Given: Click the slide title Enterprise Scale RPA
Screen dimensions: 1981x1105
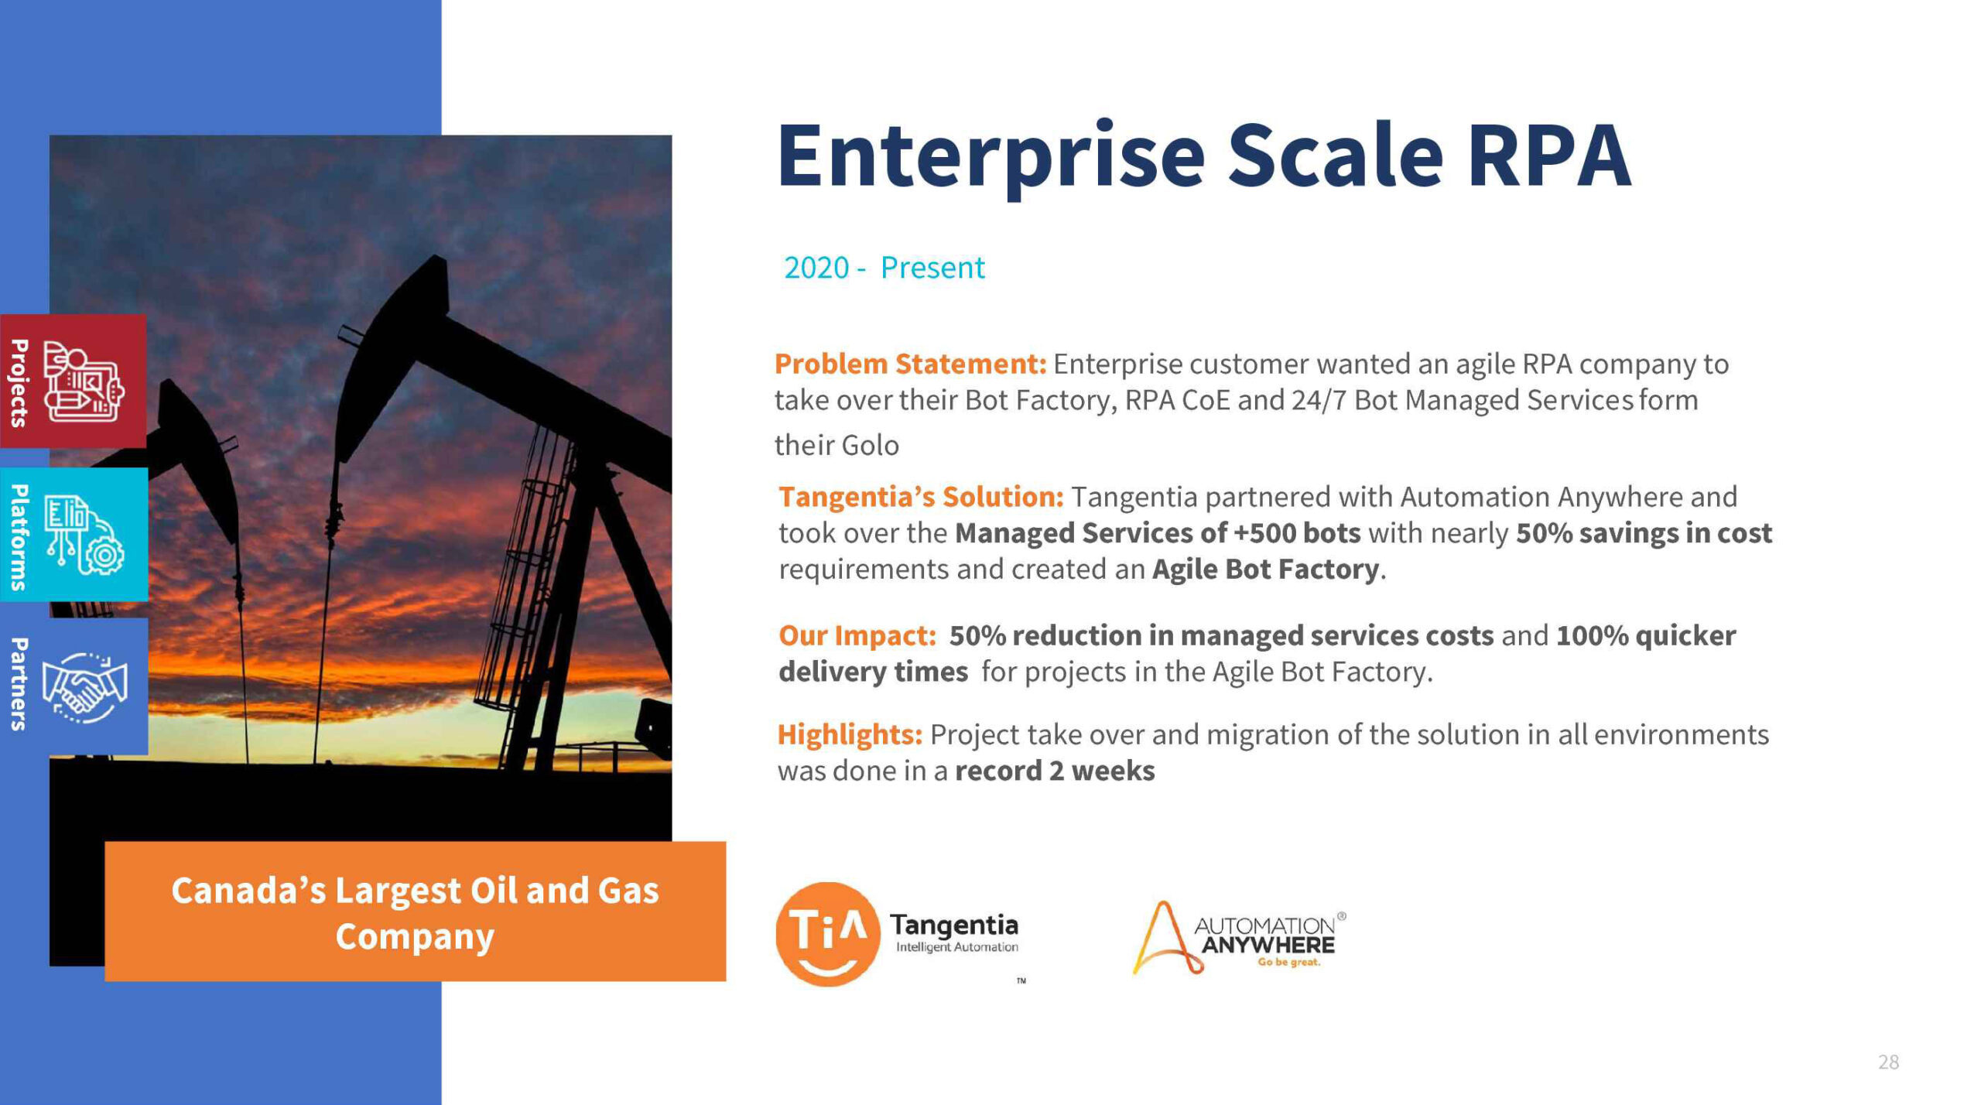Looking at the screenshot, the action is pos(1204,157).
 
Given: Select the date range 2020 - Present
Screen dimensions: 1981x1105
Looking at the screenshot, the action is pos(884,268).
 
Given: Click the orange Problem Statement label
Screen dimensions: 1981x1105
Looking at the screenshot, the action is pos(911,364).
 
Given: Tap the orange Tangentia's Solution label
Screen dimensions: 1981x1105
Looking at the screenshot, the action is pos(922,497).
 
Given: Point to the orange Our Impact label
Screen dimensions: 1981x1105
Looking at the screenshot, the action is pos(857,635).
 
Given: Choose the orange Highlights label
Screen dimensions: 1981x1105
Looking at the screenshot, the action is pos(850,734).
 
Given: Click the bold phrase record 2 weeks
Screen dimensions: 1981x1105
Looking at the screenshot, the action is pos(1055,771).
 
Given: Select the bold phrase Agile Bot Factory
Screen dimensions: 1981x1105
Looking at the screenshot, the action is pos(1265,570).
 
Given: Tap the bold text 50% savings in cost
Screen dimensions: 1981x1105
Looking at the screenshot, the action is pos(1644,533).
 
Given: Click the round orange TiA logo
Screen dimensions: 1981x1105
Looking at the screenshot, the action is pos(827,934).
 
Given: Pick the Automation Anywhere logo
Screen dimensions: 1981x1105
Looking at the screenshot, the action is pos(1239,938).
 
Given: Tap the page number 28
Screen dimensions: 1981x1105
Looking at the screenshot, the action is pos(1888,1062).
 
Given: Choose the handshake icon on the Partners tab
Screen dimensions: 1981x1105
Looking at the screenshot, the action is pos(84,687).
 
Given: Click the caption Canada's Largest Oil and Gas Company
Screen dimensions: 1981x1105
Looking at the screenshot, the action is pos(415,913).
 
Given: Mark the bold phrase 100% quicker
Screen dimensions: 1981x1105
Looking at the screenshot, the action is pos(1646,635).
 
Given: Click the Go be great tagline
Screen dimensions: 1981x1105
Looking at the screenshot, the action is pos(1288,963).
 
